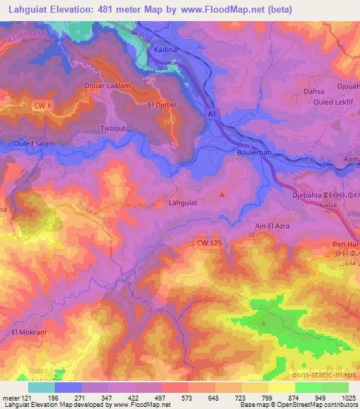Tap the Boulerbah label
(x=254, y=151)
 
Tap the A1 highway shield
(x=210, y=112)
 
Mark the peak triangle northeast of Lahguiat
(x=223, y=194)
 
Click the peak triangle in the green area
(x=264, y=323)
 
